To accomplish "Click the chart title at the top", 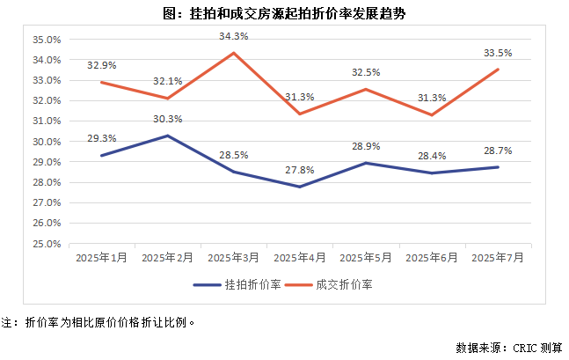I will (x=284, y=14).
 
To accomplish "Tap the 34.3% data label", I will (x=234, y=36).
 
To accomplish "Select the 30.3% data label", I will (x=167, y=119).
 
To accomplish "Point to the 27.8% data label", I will (x=300, y=170).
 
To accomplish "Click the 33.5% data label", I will (x=499, y=53).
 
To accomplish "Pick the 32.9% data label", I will (x=102, y=65).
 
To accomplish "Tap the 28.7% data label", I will (x=499, y=151).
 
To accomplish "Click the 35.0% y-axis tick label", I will (x=46, y=40).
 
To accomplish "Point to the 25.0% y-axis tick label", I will (x=46, y=244).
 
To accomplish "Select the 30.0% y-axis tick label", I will (x=46, y=142).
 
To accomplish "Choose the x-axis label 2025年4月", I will (x=300, y=258).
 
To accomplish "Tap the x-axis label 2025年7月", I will (x=498, y=258).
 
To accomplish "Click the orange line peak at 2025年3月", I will (x=234, y=53).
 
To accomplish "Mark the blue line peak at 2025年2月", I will (x=167, y=136).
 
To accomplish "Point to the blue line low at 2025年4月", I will (x=300, y=187).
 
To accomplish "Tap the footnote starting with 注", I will (x=97, y=322).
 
